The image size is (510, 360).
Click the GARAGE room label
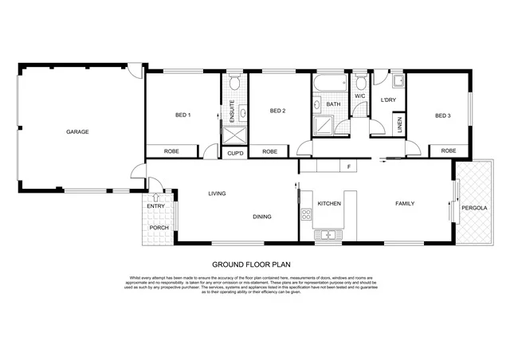(77, 131)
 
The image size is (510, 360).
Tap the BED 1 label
(182, 115)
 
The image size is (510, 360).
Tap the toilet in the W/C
(360, 82)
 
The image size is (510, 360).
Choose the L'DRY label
(388, 100)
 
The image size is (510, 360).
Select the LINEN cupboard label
(399, 125)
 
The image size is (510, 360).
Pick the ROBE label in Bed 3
(449, 151)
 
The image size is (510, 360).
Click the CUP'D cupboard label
(235, 151)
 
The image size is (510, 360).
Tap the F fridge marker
(348, 166)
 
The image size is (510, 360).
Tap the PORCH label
(159, 228)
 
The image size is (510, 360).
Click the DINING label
(262, 217)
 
